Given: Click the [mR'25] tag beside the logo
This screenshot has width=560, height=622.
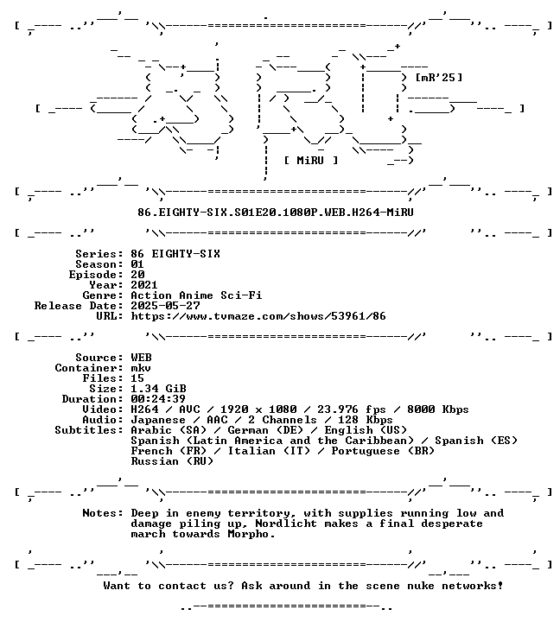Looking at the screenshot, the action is click(439, 78).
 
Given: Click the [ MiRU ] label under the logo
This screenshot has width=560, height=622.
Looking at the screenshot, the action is click(311, 161).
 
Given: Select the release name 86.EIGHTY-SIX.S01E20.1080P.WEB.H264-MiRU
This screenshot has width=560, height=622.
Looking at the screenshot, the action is click(276, 213).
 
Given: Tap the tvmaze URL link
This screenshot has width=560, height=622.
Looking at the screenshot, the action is click(258, 316).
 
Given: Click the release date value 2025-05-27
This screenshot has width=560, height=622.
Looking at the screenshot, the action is click(166, 306).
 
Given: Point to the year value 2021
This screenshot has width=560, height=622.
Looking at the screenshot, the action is click(144, 285).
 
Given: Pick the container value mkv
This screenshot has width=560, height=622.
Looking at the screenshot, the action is click(141, 368).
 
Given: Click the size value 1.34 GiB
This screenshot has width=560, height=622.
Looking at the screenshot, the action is click(158, 389).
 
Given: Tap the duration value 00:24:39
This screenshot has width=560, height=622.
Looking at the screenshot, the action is click(158, 399).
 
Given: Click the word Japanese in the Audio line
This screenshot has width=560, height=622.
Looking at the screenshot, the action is click(158, 420).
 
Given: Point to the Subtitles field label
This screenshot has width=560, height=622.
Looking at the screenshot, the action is click(89, 430).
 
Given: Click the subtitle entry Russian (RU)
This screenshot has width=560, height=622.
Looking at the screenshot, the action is click(172, 461).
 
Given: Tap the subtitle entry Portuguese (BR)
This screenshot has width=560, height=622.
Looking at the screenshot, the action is click(383, 451).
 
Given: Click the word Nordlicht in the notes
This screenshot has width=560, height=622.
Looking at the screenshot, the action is click(286, 524).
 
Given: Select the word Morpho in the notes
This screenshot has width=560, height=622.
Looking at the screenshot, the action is click(248, 534).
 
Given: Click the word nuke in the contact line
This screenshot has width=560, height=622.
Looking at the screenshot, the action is click(421, 586).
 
